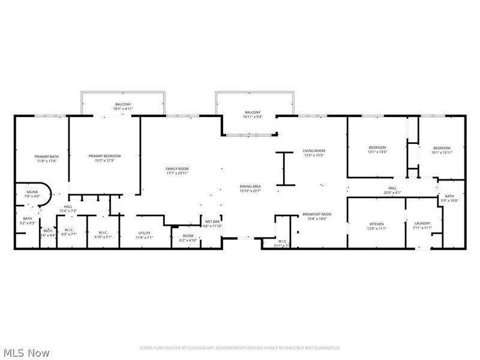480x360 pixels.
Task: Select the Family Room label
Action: [x=178, y=171]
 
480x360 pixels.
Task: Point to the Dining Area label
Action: [x=250, y=189]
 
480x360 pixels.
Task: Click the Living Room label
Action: [x=313, y=153]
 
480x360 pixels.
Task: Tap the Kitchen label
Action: [x=376, y=226]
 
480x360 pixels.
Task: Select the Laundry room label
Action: [x=422, y=226]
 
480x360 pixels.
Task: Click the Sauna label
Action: [x=31, y=194]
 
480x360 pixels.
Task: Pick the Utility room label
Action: [x=144, y=235]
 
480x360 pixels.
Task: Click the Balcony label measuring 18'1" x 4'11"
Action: [x=123, y=107]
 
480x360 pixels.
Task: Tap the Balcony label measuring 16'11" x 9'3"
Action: [x=253, y=115]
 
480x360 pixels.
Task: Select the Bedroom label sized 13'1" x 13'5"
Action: [x=377, y=150]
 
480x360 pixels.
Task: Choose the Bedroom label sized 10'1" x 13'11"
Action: [x=442, y=150]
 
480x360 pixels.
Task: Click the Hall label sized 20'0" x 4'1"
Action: [x=392, y=190]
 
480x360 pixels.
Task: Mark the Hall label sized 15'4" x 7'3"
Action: [x=68, y=209]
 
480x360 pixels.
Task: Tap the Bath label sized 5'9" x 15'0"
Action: [x=449, y=199]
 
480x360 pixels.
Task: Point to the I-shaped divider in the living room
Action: [x=284, y=168]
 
